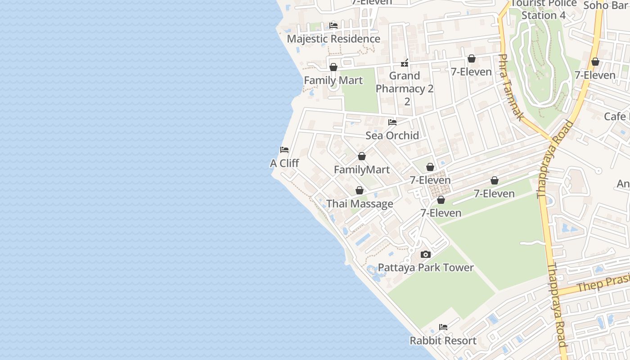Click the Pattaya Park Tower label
[425, 268]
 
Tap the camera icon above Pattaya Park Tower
[425, 255]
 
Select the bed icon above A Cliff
[284, 150]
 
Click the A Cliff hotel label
[284, 163]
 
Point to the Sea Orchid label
[392, 135]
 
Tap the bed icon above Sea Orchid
[392, 122]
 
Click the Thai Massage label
[360, 204]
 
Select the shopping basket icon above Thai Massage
[360, 191]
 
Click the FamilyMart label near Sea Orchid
[362, 170]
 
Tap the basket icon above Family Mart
[333, 67]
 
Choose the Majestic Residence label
[333, 39]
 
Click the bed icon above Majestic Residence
[333, 26]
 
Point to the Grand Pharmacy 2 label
[405, 88]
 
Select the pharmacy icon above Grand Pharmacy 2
[405, 63]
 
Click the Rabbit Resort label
[443, 341]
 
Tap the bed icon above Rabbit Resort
[443, 327]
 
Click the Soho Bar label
[605, 5]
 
